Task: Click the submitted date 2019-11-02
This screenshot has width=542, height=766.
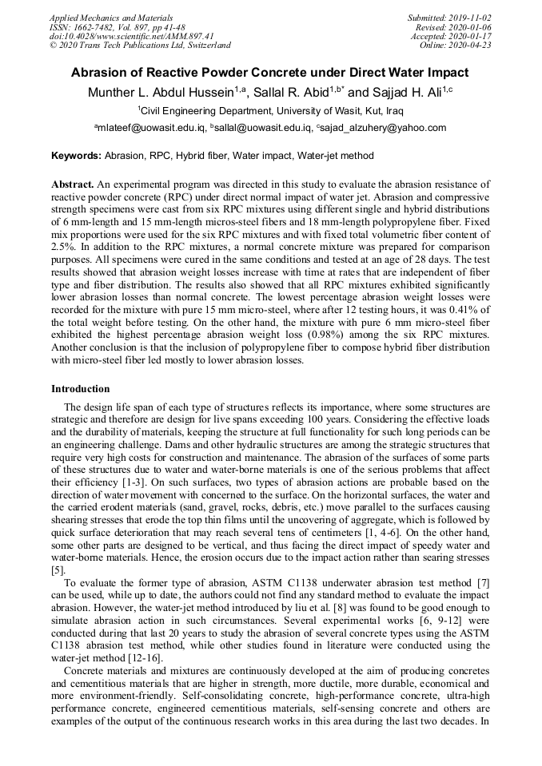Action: (x=472, y=17)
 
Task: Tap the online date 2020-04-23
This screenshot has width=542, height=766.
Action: (x=472, y=46)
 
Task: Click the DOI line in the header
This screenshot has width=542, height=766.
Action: (x=131, y=36)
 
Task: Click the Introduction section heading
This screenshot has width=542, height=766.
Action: (x=81, y=389)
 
